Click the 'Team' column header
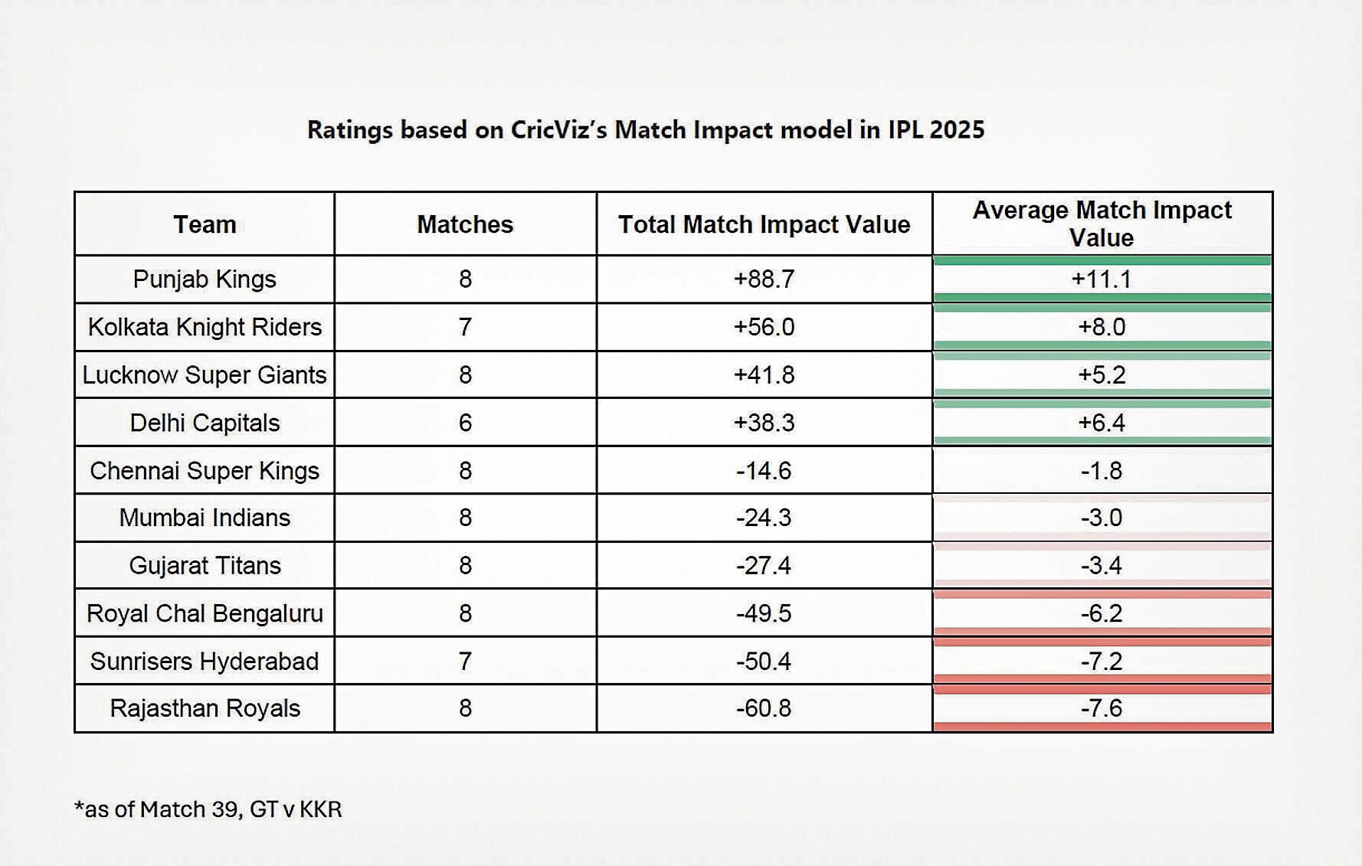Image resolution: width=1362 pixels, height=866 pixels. coord(205,224)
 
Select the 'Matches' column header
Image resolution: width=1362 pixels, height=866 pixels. coord(465,224)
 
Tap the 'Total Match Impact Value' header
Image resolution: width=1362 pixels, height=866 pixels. coord(764,224)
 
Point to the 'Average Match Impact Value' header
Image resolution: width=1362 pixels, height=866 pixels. coord(1102,224)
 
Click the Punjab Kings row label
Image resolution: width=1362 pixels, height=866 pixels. coord(205,279)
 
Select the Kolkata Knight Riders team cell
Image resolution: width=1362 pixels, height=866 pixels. coord(205,327)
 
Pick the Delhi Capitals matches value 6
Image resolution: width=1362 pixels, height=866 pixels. coord(465,423)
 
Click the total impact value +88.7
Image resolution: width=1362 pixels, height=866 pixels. coord(764,279)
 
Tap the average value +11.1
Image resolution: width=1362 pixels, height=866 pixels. coord(1102,279)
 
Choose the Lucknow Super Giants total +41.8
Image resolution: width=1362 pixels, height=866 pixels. coord(764,374)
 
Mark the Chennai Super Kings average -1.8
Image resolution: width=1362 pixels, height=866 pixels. coord(1102,470)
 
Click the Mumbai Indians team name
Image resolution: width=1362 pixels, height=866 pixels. coord(205,518)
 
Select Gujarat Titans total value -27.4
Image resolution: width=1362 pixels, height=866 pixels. coord(764,565)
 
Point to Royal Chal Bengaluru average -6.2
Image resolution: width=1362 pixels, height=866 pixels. coord(1102,613)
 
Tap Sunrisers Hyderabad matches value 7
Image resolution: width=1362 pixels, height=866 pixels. coord(465,661)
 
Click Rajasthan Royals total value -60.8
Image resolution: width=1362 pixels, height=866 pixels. coord(764,708)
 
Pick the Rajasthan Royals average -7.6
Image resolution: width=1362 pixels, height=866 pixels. coord(1102,708)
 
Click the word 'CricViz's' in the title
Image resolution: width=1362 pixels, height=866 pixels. coord(558,129)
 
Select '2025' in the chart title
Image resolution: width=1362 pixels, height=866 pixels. coord(957,129)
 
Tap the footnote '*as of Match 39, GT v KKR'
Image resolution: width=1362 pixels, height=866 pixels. coord(208,809)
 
